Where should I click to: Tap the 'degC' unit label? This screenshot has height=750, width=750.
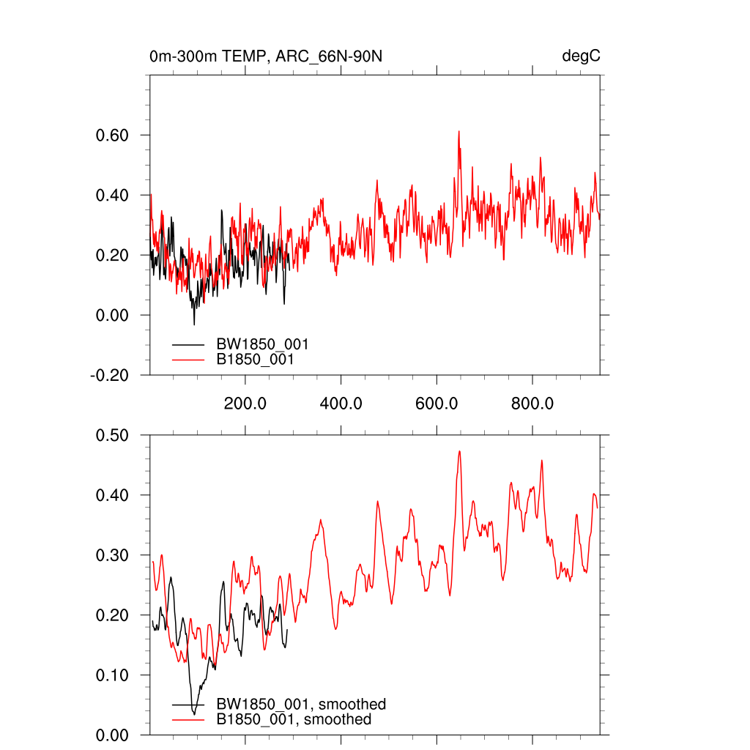581,56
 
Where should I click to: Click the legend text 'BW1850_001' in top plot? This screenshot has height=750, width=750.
257,344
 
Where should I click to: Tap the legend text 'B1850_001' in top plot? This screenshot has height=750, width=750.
254,360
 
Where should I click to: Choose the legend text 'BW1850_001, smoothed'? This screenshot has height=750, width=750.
300,705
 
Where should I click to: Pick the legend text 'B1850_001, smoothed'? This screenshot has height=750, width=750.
293,720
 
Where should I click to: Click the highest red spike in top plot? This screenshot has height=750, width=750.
459,132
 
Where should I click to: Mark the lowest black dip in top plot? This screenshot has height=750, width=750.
194,324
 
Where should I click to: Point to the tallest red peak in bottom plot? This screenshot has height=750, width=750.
460,451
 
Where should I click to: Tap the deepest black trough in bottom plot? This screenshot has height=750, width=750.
194,714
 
